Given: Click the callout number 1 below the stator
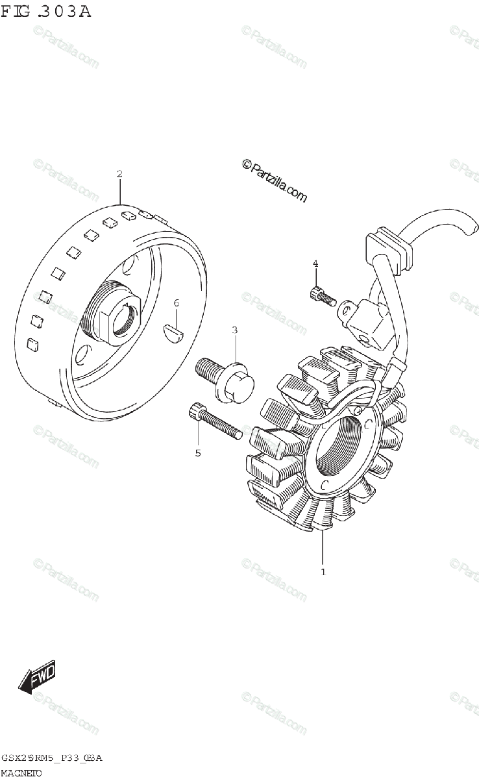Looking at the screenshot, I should point(323,572).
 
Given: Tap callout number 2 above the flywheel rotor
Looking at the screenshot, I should point(119,174).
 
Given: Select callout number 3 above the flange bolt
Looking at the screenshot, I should point(234,330).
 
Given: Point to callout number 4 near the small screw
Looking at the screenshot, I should point(315,263).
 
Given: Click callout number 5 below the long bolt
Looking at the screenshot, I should point(198,452).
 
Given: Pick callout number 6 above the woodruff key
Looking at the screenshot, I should point(175,303).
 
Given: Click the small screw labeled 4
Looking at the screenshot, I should point(322,295).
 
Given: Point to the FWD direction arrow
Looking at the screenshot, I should point(38,677).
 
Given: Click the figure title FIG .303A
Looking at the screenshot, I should point(45,11).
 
